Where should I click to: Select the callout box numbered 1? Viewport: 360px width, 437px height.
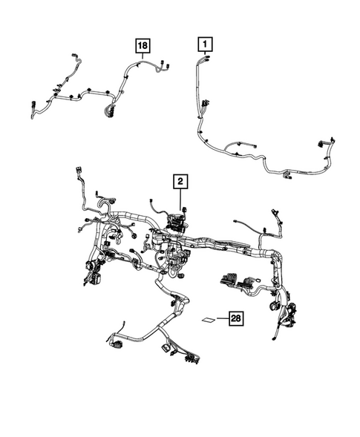tap(203, 45)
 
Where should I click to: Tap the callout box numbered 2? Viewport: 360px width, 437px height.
tap(180, 180)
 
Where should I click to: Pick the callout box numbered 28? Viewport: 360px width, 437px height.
tap(235, 320)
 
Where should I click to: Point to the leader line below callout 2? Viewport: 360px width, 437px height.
tap(180, 199)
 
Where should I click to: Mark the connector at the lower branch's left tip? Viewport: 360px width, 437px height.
tap(113, 343)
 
